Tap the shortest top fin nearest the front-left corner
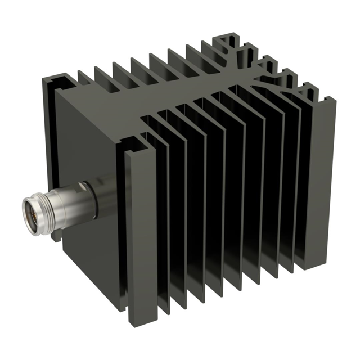tap(84, 79)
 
